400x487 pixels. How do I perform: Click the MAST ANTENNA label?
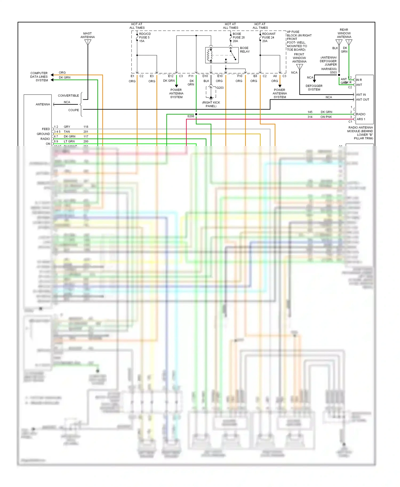[x=87, y=35]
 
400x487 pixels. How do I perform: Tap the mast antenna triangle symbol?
[x=88, y=42]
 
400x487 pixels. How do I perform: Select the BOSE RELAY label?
[x=245, y=50]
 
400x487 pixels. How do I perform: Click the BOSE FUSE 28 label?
[x=238, y=37]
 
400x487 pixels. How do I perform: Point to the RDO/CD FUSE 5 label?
[x=145, y=37]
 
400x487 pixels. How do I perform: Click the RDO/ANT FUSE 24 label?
[x=269, y=37]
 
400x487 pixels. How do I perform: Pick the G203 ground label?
[x=220, y=88]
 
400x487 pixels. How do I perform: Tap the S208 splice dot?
[x=196, y=114]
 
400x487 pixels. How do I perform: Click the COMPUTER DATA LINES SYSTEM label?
[x=39, y=77]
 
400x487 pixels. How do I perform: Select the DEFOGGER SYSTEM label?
[x=314, y=88]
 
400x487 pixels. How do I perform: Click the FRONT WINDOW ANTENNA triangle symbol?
[x=299, y=67]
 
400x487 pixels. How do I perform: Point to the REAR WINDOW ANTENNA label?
[x=344, y=33]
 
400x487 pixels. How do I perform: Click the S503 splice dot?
[x=339, y=75]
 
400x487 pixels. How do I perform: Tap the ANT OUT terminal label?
[x=362, y=100]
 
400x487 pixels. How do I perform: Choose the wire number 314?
[x=310, y=117]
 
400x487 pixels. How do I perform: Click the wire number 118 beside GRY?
[x=86, y=127]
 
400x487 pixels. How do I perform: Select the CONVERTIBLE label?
[x=68, y=96]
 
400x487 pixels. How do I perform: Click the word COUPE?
[x=74, y=110]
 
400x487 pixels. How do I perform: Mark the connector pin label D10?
[x=205, y=76]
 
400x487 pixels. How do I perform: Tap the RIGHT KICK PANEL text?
[x=211, y=104]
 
